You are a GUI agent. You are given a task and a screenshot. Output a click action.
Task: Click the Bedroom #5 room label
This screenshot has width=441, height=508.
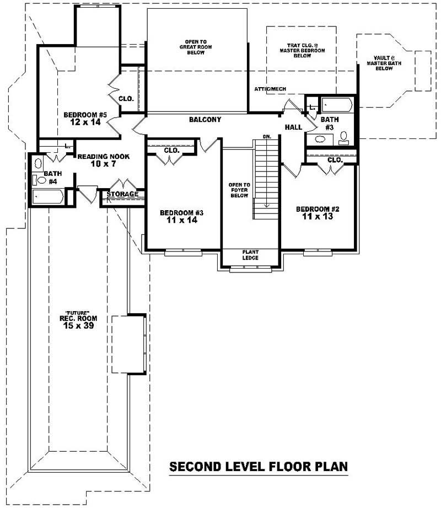pyautogui.click(x=84, y=118)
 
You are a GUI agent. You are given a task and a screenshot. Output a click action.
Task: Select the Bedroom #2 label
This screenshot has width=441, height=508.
pyautogui.click(x=317, y=212)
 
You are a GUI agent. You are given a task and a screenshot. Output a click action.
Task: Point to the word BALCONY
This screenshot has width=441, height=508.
pyautogui.click(x=205, y=119)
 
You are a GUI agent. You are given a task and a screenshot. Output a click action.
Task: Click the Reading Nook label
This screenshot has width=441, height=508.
pyautogui.click(x=103, y=161)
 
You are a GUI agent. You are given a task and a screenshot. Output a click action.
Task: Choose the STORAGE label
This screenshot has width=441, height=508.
pyautogui.click(x=122, y=194)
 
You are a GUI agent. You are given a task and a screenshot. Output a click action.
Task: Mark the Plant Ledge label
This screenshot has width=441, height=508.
pyautogui.click(x=250, y=255)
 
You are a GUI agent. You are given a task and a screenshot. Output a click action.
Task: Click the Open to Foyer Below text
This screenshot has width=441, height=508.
pyautogui.click(x=239, y=190)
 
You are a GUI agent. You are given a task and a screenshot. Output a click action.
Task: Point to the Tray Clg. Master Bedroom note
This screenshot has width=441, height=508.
pyautogui.click(x=302, y=50)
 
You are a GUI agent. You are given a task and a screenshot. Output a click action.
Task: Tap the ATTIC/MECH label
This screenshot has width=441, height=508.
pyautogui.click(x=270, y=89)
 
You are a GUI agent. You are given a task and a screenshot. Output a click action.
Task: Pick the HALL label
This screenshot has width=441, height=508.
pyautogui.click(x=293, y=127)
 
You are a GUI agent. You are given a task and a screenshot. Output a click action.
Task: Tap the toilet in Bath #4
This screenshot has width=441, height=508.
pyautogui.click(x=39, y=179)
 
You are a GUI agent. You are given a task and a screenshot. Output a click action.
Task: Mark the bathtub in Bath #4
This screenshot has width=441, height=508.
pyautogui.click(x=48, y=196)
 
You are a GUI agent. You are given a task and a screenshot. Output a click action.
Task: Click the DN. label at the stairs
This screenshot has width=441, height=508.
pyautogui.click(x=266, y=136)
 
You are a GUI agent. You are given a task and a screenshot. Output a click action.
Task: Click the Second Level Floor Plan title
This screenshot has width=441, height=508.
pyautogui.click(x=258, y=467)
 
